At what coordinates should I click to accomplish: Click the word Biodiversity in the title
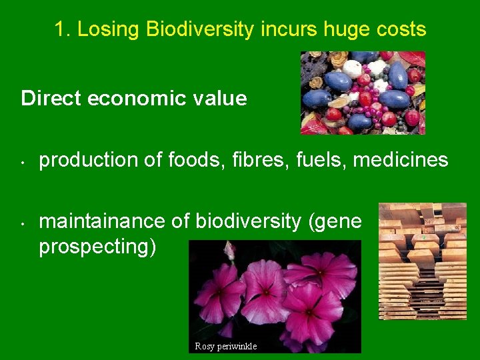(x=200, y=29)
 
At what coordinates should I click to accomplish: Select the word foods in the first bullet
(x=189, y=160)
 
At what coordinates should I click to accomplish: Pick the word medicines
(x=401, y=160)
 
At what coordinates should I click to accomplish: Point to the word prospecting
(x=97, y=246)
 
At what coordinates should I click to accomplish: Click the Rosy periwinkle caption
(x=225, y=346)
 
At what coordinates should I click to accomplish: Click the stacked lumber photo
(x=422, y=261)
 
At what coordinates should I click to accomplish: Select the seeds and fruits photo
(x=362, y=93)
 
